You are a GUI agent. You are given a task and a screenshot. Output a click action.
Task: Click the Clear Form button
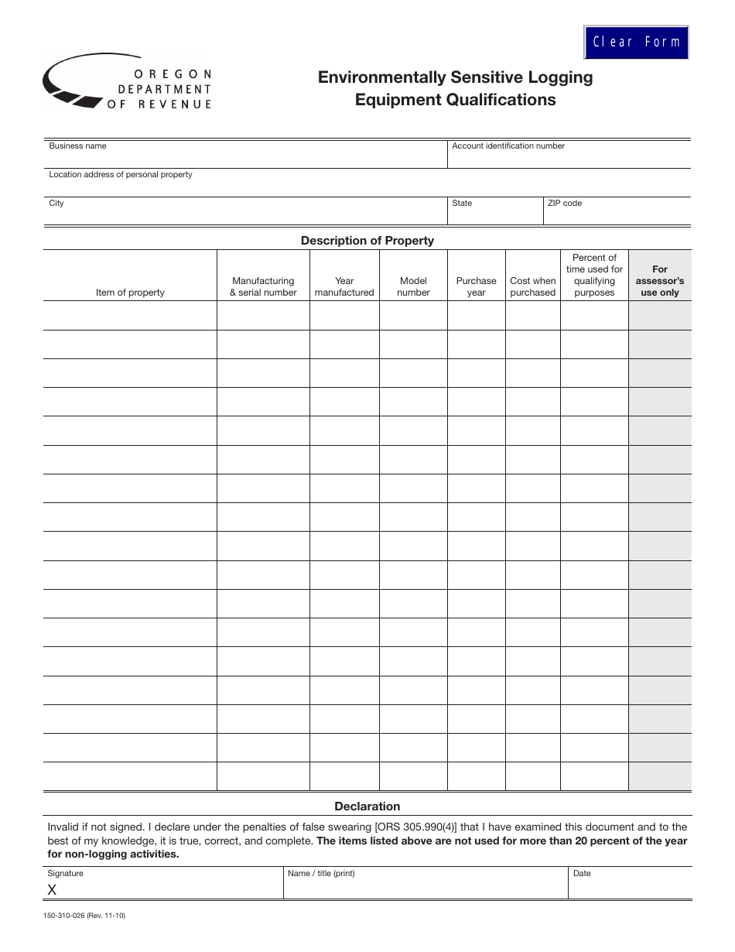[636, 42]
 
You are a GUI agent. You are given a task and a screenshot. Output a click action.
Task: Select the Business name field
[245, 158]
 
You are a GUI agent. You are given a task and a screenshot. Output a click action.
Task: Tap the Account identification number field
[569, 158]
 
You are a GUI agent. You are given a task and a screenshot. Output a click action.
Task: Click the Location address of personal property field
[367, 187]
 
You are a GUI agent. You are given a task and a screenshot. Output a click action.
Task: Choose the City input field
[245, 214]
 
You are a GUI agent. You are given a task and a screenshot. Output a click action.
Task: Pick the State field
[495, 214]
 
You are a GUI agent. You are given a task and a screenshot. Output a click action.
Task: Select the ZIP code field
[617, 214]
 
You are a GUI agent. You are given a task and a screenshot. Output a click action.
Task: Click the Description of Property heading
[367, 241]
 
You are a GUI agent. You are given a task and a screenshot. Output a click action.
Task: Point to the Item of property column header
[130, 293]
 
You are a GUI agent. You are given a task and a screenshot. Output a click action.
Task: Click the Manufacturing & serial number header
[263, 286]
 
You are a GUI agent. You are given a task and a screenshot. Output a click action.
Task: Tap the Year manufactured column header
[344, 286]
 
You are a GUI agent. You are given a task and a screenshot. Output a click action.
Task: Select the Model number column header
[413, 286]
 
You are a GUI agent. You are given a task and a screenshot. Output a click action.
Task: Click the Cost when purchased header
[532, 286]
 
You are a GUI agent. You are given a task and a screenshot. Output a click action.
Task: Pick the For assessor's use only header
[659, 281]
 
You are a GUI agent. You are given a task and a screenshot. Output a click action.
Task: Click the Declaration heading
[367, 806]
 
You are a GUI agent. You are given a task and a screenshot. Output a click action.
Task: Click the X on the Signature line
[52, 890]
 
